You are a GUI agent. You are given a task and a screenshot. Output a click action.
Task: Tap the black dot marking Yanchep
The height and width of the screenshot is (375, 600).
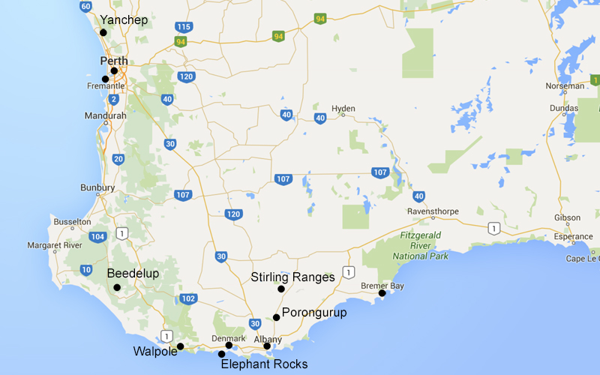pos(103,33)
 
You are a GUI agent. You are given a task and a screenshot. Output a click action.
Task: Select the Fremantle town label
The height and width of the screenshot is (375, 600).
pos(106,86)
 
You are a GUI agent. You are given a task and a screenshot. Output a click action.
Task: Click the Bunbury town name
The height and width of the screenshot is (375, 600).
pos(97,187)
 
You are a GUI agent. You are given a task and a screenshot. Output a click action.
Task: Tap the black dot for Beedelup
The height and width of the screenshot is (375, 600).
pos(117,287)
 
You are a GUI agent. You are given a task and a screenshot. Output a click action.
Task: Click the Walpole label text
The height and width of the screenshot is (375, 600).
pos(155,351)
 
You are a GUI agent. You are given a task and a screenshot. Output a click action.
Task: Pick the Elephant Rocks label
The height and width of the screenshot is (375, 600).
pos(264,364)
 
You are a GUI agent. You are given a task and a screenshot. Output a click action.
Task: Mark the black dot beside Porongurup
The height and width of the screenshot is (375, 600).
pos(276,317)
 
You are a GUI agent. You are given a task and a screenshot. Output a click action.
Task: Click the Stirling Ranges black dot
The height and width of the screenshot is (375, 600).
pos(281,289)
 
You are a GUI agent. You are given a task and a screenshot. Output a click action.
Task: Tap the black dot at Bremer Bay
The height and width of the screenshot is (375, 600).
pos(382,293)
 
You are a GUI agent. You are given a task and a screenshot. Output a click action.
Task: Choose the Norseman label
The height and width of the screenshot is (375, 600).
pos(565,86)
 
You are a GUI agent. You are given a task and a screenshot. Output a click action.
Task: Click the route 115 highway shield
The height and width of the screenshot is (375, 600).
pos(183,27)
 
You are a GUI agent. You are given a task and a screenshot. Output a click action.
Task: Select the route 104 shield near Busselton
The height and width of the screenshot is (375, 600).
pos(97,236)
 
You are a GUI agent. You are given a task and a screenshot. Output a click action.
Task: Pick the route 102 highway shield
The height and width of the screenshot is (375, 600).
pos(188,298)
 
